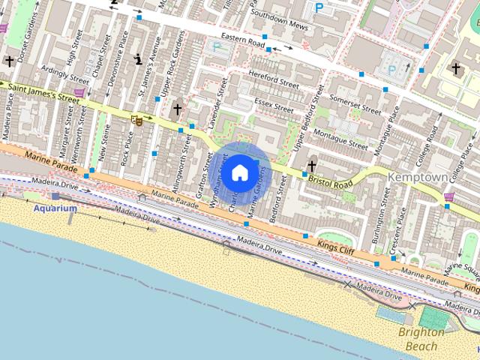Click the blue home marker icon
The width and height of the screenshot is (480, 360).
[x=239, y=172]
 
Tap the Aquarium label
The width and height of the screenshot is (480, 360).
[x=55, y=208]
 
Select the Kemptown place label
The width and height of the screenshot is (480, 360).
[x=418, y=176]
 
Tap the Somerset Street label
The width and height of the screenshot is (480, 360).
[x=355, y=103]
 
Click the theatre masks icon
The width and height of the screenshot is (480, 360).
[x=137, y=119]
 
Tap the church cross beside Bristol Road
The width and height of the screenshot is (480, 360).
[x=311, y=166]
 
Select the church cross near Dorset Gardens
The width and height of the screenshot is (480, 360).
[x=9, y=61]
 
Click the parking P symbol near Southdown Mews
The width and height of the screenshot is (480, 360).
[x=319, y=8]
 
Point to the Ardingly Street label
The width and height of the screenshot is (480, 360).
[x=66, y=73]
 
